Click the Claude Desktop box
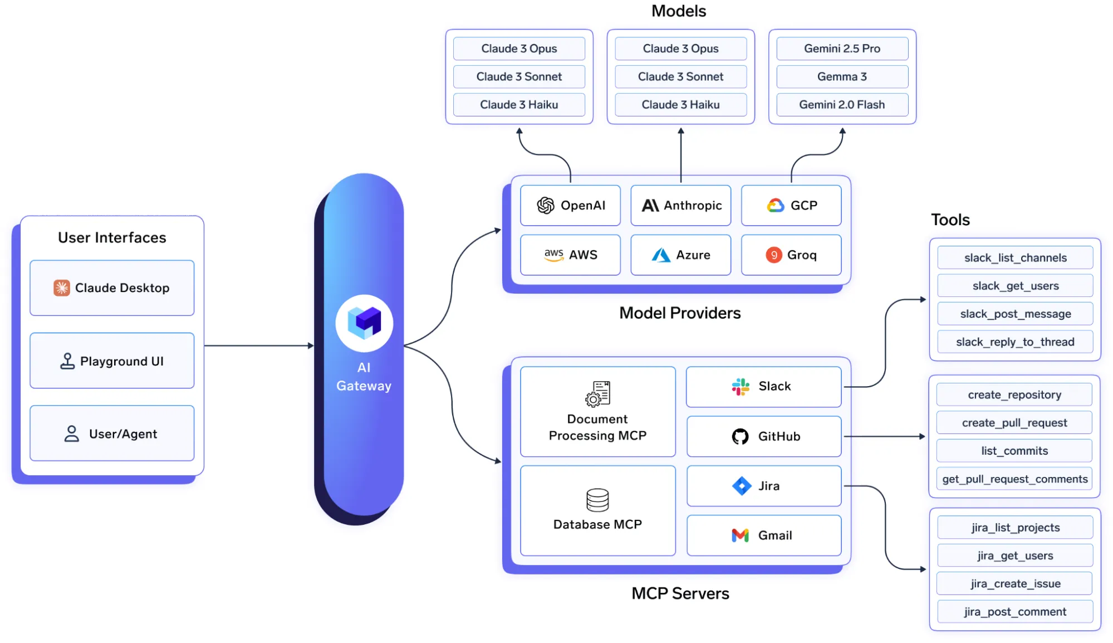click(112, 288)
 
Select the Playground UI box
click(112, 361)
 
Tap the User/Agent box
click(112, 433)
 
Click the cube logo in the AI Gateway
click(364, 323)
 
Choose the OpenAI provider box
click(570, 206)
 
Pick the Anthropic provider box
click(680, 206)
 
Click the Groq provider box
click(791, 255)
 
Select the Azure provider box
click(680, 255)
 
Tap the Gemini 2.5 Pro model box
click(842, 48)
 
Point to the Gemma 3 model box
click(842, 77)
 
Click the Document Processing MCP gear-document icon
click(597, 393)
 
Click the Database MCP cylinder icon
click(597, 500)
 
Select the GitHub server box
click(764, 436)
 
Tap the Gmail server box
click(764, 535)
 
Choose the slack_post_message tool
click(1015, 314)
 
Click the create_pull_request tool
click(1014, 423)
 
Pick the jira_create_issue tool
click(1015, 583)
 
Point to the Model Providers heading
click(680, 313)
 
